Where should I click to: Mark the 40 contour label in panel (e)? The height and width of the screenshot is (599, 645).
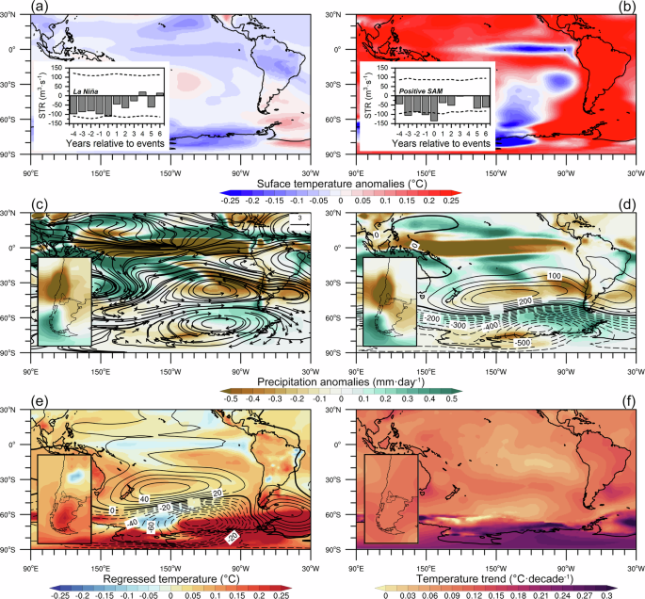click(145, 498)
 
